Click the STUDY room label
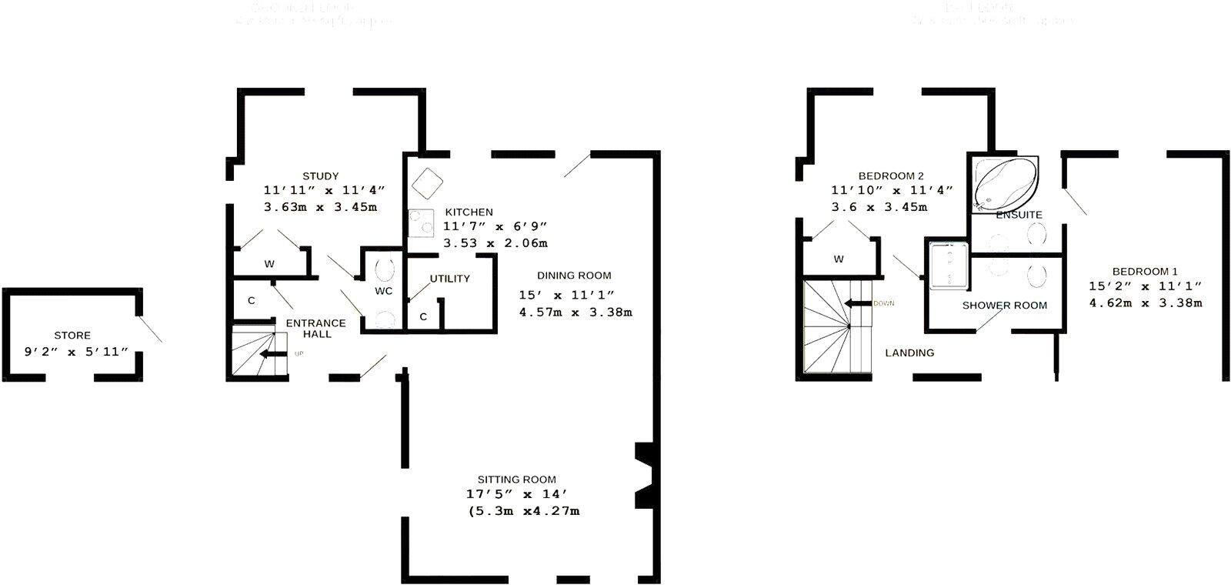tap(320, 176)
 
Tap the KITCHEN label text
tap(468, 212)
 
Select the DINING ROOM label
tap(574, 276)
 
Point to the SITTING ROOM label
tap(516, 480)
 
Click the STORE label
tap(72, 336)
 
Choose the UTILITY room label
tap(449, 279)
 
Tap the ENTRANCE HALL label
tap(315, 329)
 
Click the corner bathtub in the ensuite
tap(1003, 183)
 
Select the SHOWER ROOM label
tap(1005, 306)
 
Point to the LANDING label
tap(909, 353)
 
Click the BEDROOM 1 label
tap(1145, 272)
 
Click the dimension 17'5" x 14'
tap(517, 495)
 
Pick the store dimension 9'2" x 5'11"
tap(75, 352)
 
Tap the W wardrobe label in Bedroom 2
tap(839, 259)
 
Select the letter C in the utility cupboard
tap(423, 316)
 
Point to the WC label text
tap(383, 291)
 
